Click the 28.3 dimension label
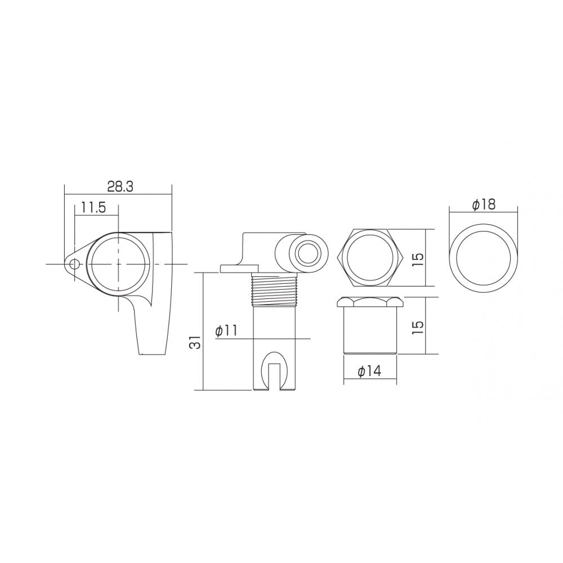(x=120, y=187)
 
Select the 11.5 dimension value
(x=93, y=208)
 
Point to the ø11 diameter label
(x=226, y=330)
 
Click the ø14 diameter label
(x=369, y=371)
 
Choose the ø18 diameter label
(x=484, y=205)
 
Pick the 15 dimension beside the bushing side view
(x=418, y=326)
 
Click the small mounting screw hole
(x=74, y=265)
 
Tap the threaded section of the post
(x=275, y=289)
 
